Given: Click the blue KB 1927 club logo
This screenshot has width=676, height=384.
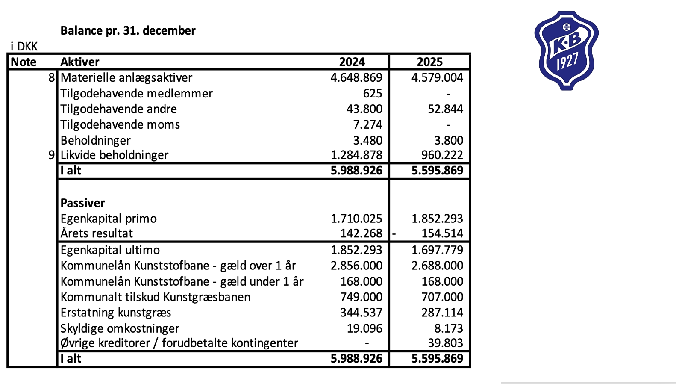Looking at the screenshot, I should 566,50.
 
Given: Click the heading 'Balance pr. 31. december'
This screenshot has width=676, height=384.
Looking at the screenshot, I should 128,31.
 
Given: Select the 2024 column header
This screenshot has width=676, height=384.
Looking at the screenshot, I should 352,62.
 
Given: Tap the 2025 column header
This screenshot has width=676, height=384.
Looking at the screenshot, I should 429,62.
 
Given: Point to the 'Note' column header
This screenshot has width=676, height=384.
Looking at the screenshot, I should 24,62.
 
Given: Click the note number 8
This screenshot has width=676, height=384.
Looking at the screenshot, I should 52,78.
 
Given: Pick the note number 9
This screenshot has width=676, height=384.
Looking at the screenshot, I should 52,155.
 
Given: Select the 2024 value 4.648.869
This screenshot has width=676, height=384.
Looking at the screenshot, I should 356,78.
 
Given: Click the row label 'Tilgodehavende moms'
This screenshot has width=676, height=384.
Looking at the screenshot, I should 120,124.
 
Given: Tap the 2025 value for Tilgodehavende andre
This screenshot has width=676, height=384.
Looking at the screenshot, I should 445,109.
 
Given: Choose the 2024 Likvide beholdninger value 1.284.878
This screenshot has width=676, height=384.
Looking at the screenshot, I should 356,155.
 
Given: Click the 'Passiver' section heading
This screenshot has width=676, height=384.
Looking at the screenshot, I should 82,203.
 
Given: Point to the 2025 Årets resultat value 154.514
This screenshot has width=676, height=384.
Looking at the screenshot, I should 442,233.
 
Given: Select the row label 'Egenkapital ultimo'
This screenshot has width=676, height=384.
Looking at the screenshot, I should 110,250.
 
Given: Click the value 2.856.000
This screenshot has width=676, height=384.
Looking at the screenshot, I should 356,266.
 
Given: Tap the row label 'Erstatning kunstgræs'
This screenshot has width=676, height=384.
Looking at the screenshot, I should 116,313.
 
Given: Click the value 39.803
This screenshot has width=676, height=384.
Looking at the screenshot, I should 445,343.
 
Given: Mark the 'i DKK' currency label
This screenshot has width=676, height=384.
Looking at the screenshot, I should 24,46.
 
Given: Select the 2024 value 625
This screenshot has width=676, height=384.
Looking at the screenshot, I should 372,93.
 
